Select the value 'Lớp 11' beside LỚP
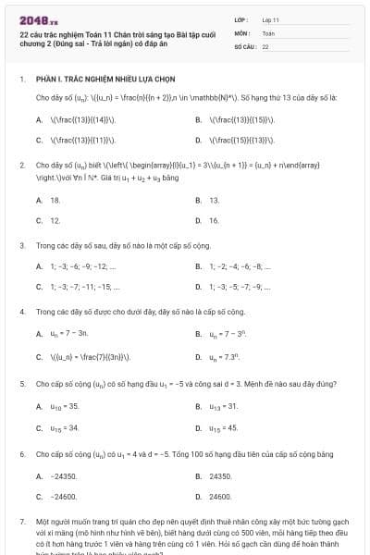[270, 19]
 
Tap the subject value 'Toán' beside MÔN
[268, 32]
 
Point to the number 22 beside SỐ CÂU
[265, 45]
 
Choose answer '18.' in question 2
[55, 200]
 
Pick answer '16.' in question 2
[214, 221]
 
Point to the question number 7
[21, 523]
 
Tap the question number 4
[21, 312]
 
